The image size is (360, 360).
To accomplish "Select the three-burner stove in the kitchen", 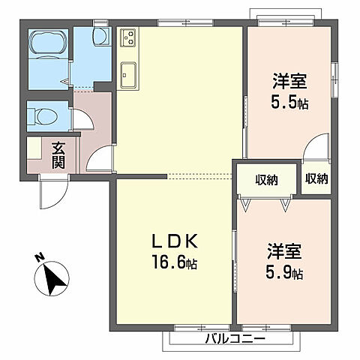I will pyautogui.click(x=127, y=35).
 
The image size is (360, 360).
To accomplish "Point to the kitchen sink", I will pyautogui.click(x=127, y=73).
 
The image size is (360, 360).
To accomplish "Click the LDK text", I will pyautogui.click(x=174, y=241).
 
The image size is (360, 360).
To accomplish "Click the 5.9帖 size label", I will pyautogui.click(x=285, y=273).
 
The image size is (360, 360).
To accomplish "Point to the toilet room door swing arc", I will pyautogui.click(x=83, y=120).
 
